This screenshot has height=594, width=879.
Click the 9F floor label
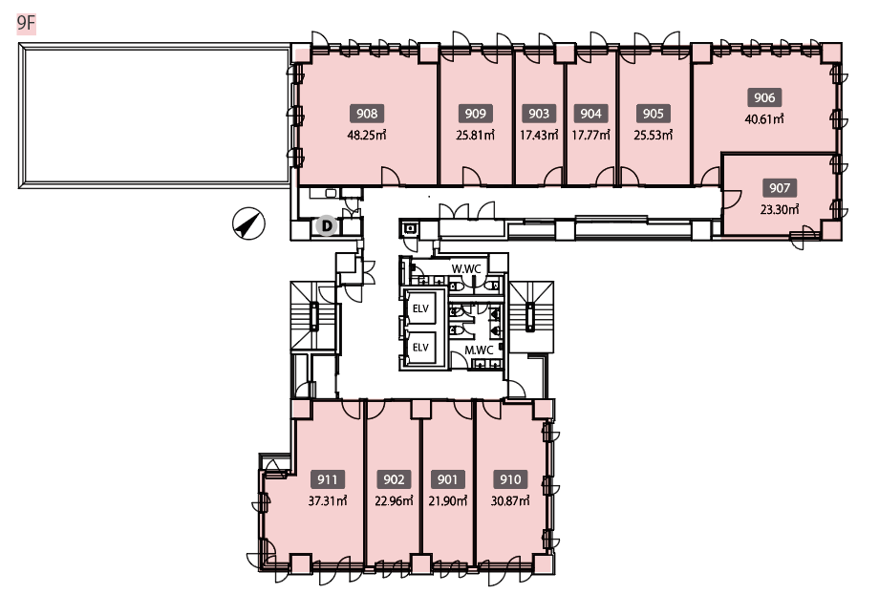[x=27, y=24]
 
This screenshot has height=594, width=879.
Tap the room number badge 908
[x=367, y=114]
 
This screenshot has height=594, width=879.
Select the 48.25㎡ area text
[x=367, y=135]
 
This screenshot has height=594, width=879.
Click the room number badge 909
[x=476, y=114]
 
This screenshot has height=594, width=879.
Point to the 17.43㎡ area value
[x=539, y=135]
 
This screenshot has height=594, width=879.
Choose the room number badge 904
[x=590, y=114]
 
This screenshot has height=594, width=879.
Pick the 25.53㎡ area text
[x=654, y=135]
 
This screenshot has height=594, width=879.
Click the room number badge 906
[x=764, y=97]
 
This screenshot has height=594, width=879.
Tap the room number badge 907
[x=780, y=188]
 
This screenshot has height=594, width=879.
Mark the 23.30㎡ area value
[x=780, y=209]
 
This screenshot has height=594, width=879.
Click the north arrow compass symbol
[x=249, y=223]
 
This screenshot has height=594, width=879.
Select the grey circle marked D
[x=326, y=225]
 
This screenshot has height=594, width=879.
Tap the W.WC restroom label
[x=466, y=269]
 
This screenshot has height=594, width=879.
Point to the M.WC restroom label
[x=480, y=350]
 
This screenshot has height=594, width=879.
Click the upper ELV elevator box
[x=420, y=308]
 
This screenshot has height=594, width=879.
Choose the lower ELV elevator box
[x=420, y=348]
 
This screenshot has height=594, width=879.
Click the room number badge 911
[x=328, y=479]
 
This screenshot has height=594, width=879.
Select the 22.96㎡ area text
[x=394, y=501]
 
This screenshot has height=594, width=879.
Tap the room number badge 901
[x=447, y=479]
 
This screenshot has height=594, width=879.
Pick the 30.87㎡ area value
[x=510, y=501]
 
